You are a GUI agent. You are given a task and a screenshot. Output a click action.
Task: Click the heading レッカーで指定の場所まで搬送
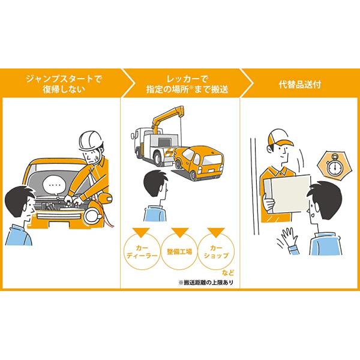click(x=180, y=83)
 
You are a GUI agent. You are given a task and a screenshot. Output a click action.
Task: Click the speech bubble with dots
click(x=57, y=185)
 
